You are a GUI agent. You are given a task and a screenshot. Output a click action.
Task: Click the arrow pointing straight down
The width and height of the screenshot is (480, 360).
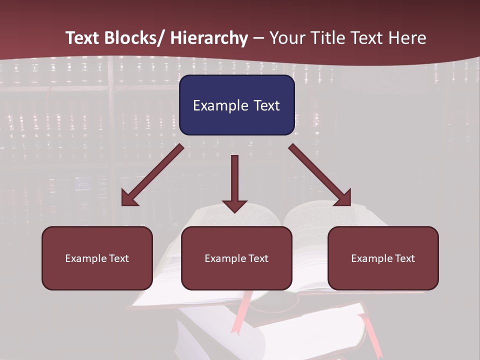(234, 182)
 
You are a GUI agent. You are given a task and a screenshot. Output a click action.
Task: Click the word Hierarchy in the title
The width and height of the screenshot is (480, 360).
(209, 38)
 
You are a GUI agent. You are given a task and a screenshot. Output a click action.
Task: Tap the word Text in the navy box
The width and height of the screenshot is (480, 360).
(266, 105)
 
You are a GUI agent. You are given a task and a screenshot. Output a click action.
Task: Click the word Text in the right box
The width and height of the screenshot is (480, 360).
(405, 258)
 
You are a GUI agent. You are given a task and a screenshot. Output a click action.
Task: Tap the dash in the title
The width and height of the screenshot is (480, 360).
(258, 38)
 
